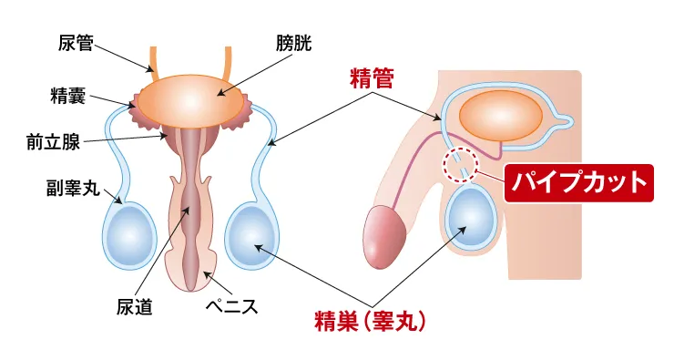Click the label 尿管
[75, 43]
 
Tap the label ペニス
[232, 306]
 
